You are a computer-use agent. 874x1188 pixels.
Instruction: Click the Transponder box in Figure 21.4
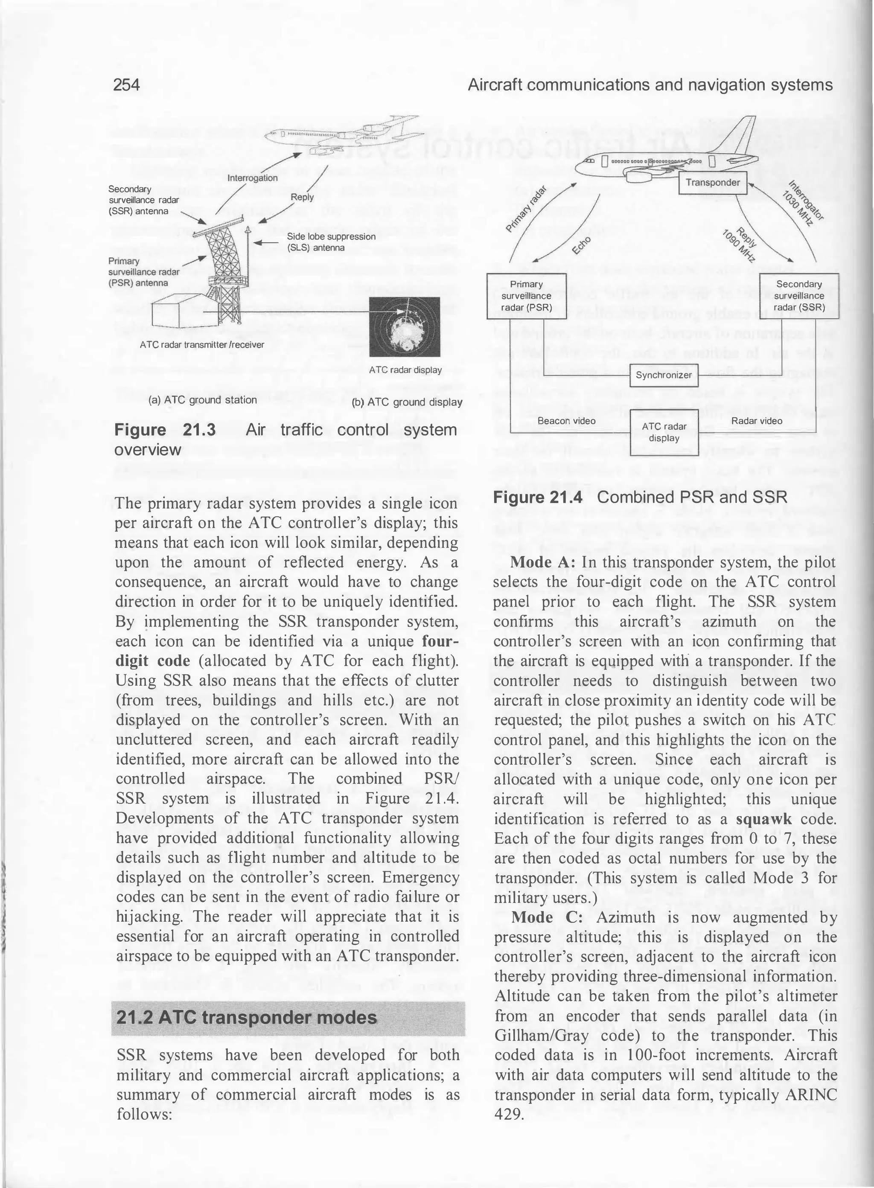713,183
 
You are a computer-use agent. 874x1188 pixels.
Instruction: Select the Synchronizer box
664,375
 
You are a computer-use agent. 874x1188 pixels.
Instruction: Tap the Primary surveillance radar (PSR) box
527,296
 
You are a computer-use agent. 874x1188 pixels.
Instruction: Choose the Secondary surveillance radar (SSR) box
799,296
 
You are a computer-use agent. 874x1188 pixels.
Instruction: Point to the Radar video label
757,420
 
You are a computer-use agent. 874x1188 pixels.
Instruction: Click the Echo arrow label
582,244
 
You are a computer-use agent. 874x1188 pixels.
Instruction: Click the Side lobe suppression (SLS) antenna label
331,242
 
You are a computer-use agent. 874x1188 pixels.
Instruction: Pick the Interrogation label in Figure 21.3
252,178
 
